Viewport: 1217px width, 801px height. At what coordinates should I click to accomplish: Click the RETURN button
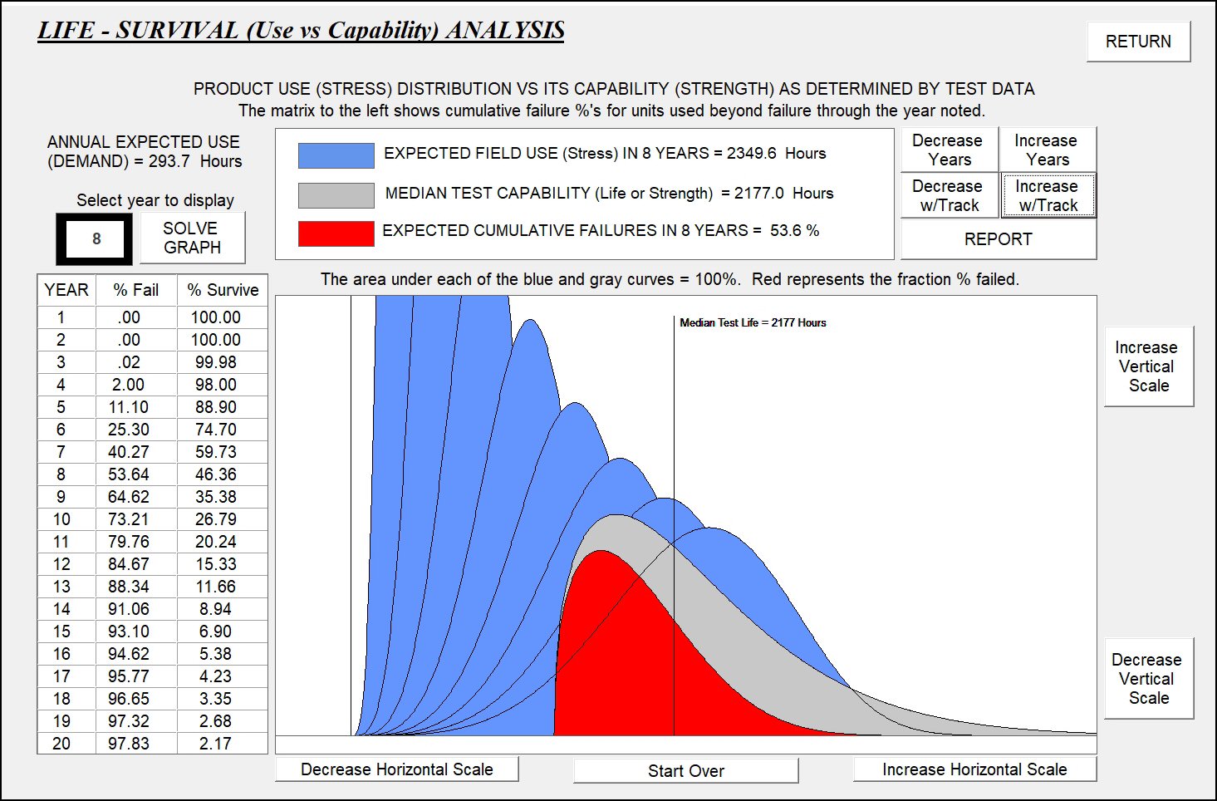coord(1138,42)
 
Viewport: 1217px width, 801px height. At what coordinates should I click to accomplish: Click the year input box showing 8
coord(96,238)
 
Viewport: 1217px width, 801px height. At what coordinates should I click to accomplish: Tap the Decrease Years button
coord(949,150)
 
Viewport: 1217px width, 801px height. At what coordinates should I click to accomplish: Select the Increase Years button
coord(1047,150)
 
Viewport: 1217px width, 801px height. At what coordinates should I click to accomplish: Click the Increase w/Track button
coord(1048,195)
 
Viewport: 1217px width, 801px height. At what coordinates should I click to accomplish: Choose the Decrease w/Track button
coord(949,195)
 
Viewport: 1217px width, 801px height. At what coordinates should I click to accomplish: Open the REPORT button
coord(998,239)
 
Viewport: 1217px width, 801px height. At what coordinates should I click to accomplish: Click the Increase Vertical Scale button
coord(1148,366)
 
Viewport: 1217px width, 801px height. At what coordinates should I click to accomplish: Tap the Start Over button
coord(685,770)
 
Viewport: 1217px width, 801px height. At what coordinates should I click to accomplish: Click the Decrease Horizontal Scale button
coord(396,769)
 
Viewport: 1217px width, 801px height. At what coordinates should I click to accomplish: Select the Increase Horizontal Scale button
coord(974,769)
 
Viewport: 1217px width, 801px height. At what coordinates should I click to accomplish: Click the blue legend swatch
coord(336,155)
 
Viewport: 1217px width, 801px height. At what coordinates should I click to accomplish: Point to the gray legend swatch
coord(336,194)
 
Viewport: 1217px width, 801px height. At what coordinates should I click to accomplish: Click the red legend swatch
coord(336,233)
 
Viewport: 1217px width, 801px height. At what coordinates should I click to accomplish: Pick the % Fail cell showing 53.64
coord(129,474)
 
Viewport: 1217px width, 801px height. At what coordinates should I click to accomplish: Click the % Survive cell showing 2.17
coord(215,744)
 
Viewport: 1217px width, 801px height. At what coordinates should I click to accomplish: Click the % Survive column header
coord(223,290)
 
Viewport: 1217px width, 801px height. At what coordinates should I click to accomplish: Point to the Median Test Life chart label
coord(753,322)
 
